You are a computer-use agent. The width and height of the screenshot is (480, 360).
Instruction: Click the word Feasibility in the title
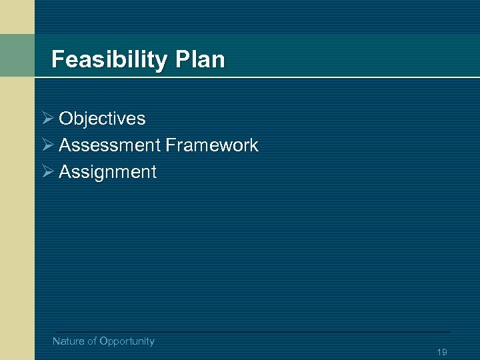(x=110, y=60)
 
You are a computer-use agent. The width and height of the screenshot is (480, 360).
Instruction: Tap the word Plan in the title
(x=201, y=60)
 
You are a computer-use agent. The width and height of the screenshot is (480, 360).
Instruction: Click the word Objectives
(x=102, y=119)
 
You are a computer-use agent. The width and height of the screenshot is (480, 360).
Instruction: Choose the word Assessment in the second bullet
(x=109, y=145)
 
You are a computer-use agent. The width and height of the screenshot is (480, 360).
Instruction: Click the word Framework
(x=212, y=145)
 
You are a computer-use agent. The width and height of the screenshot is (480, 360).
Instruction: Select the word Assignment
(x=107, y=172)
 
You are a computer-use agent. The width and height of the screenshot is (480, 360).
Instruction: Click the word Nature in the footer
(x=69, y=341)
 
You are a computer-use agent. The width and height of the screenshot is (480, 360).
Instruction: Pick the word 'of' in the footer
(x=92, y=341)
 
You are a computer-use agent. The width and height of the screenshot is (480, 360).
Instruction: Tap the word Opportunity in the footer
(x=127, y=341)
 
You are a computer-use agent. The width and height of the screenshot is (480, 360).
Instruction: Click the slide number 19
(x=441, y=352)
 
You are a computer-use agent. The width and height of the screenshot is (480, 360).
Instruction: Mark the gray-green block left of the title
(x=17, y=55)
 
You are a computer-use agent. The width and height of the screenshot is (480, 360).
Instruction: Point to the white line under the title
(x=253, y=77)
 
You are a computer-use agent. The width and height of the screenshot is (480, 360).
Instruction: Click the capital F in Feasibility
(x=57, y=60)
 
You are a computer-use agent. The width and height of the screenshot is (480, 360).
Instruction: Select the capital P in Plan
(x=182, y=60)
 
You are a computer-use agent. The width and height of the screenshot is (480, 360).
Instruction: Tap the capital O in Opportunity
(x=103, y=341)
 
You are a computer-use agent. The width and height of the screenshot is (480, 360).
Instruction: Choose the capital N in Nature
(x=56, y=341)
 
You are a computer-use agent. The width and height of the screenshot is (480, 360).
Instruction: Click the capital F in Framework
(x=170, y=145)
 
